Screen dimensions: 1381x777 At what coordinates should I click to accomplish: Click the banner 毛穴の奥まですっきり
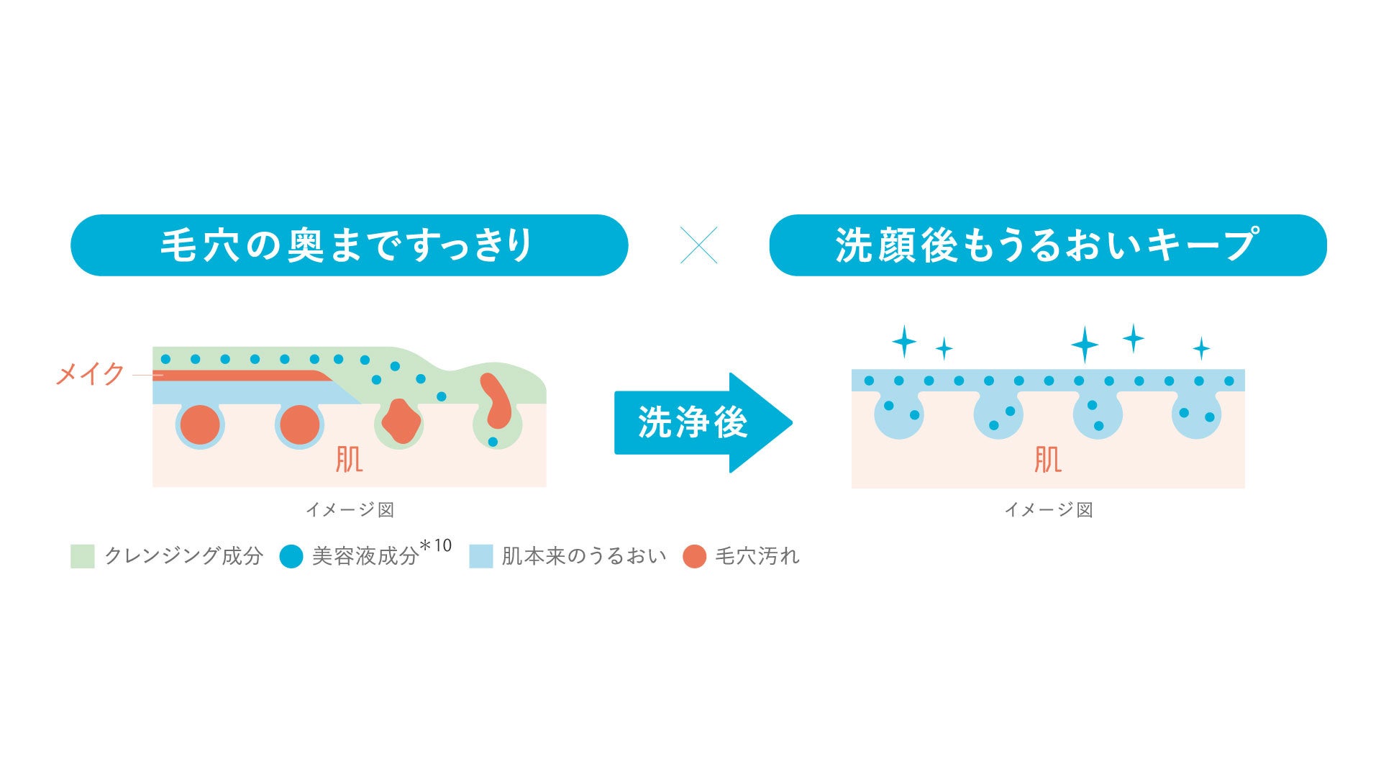(349, 245)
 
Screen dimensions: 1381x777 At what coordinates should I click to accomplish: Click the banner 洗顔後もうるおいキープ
(1047, 245)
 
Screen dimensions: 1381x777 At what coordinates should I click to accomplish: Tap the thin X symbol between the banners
(698, 245)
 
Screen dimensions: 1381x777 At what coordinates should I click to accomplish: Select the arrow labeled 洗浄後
(701, 422)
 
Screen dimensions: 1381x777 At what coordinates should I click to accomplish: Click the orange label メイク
(91, 374)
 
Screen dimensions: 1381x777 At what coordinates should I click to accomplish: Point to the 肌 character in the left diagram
(349, 459)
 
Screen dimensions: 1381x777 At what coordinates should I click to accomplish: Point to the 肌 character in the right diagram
(1047, 459)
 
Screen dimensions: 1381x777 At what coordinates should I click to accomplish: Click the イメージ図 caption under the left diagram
(350, 509)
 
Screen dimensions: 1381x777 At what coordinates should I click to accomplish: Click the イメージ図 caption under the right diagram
(1048, 509)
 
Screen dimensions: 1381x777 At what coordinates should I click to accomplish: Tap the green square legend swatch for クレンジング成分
(82, 556)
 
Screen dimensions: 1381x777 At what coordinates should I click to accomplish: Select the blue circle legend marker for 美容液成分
(291, 556)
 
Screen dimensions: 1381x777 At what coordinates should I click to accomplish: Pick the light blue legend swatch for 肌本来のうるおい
(480, 556)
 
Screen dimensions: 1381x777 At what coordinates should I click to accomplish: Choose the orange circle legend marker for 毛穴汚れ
(694, 556)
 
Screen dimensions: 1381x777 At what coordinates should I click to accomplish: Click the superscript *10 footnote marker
(435, 546)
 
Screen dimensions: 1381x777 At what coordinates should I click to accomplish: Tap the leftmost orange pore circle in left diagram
(200, 424)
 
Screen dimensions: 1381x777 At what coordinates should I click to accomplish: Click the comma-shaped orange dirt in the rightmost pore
(496, 401)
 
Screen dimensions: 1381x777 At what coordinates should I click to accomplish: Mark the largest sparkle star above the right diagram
(1084, 344)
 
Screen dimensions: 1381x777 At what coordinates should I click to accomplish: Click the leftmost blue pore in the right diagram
(898, 415)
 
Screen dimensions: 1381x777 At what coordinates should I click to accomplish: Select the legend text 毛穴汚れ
(757, 556)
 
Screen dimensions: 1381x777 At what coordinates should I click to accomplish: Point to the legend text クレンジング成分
(183, 556)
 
